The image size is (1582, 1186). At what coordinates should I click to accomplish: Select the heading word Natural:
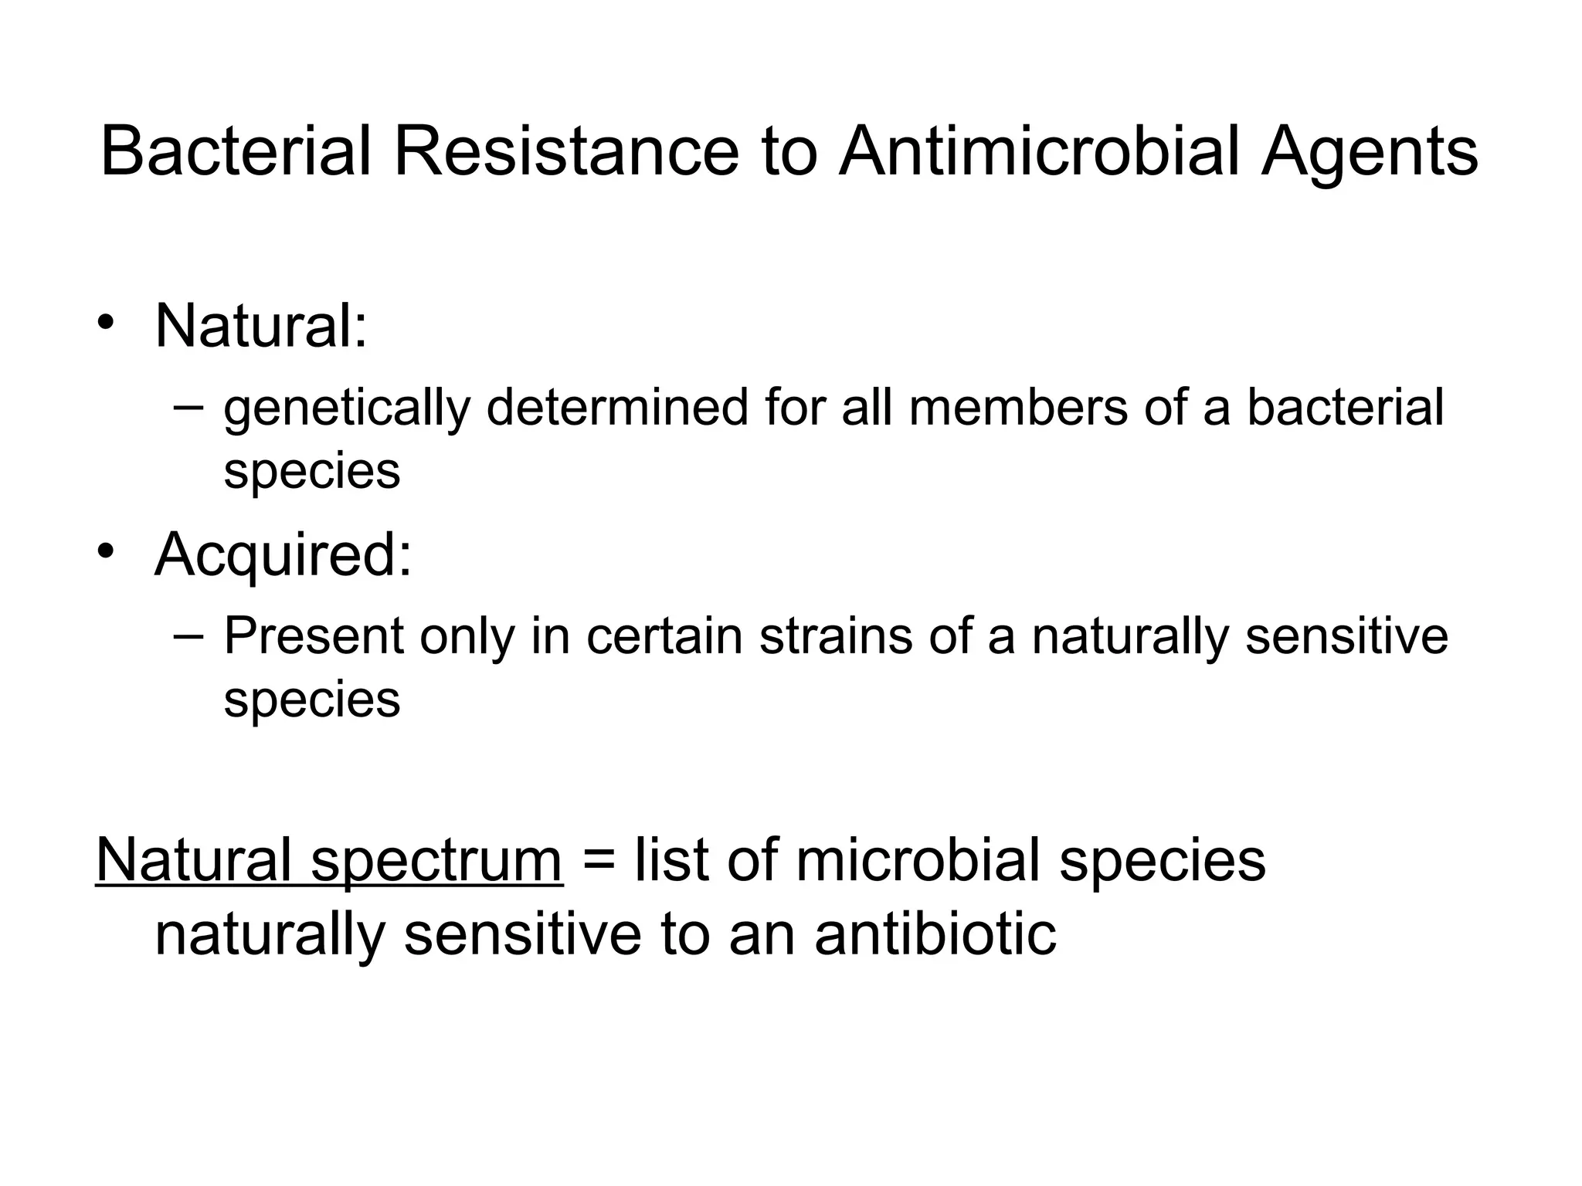(x=261, y=326)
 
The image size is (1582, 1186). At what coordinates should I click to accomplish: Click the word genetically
(x=346, y=409)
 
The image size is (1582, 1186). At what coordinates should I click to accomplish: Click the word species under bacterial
(x=311, y=472)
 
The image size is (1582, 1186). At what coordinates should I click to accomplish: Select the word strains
(x=836, y=636)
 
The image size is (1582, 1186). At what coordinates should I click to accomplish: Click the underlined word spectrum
(x=436, y=862)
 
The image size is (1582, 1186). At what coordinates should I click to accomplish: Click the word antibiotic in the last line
(x=935, y=934)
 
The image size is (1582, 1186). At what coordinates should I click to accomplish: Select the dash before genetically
(x=188, y=407)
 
